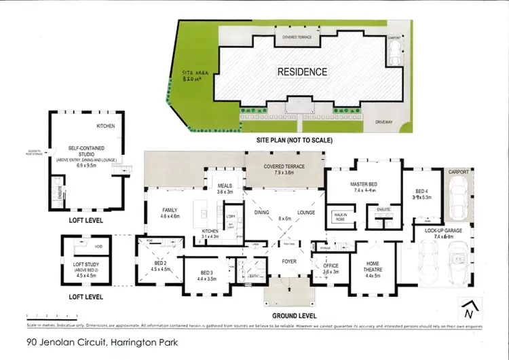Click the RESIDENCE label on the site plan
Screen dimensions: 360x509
tap(302, 71)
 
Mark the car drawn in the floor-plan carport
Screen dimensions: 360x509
tap(456, 198)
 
